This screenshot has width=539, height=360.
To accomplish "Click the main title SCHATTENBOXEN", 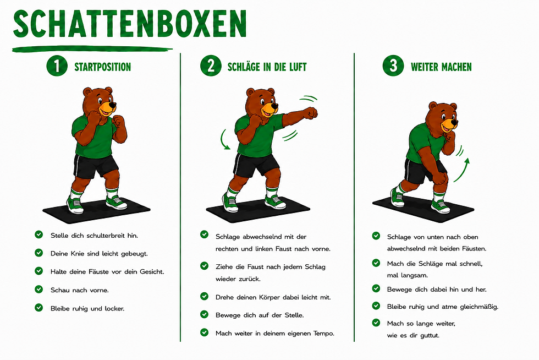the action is (130, 24).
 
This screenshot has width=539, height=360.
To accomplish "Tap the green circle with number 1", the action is (57, 66).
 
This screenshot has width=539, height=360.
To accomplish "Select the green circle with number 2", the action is (211, 66).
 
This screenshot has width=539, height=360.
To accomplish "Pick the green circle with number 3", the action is (393, 66).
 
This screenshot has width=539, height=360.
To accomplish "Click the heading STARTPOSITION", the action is (103, 67).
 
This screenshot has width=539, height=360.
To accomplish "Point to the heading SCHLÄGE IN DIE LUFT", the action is (267, 67).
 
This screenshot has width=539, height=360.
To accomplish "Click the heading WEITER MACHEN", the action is (441, 67).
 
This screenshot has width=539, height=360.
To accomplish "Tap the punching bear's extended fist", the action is (310, 113).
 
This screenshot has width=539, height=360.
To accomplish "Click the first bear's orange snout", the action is (107, 108).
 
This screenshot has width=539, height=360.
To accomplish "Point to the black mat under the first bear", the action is (96, 210).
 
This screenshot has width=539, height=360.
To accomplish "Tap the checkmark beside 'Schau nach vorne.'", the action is (39, 290).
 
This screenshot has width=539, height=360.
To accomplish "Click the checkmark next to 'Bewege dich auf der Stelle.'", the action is (204, 314).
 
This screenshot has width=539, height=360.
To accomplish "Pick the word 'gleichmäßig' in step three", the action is (479, 307).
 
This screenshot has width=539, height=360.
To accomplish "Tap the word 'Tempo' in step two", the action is (323, 334).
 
